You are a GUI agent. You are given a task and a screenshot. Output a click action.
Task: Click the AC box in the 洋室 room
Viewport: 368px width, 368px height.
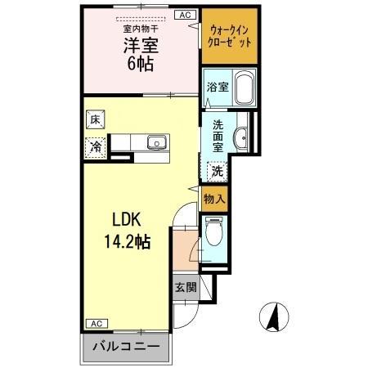pos(186,14)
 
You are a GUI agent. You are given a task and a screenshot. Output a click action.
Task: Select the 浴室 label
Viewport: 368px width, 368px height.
pos(216,84)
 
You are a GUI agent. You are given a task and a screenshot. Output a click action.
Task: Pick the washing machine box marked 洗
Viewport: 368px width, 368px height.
pos(218,172)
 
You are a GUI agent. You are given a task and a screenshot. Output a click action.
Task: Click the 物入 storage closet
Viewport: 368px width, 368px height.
pos(214,199)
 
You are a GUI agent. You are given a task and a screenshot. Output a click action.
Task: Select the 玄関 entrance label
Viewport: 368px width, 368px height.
pos(185,287)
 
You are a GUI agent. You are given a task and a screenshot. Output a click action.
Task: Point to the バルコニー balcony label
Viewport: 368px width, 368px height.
pos(125,347)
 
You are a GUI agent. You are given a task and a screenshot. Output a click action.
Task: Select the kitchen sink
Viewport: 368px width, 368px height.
pos(155,143)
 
